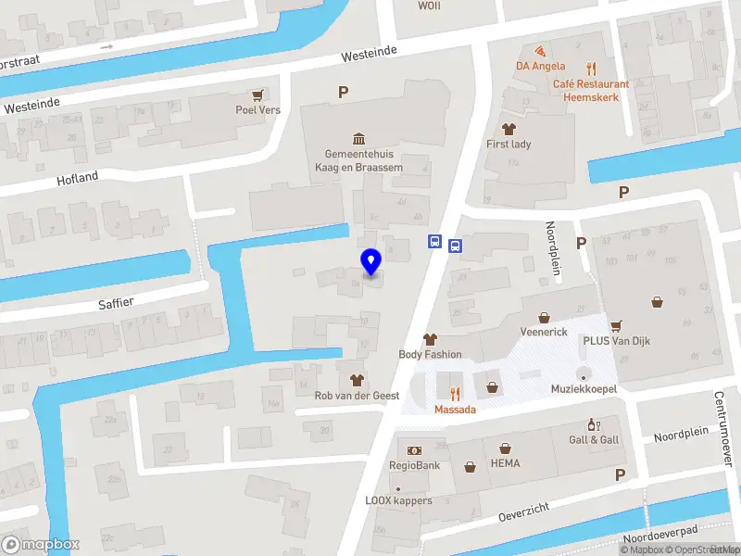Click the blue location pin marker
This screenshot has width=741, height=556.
(370, 262)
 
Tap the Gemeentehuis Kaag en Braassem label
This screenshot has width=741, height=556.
(363, 159)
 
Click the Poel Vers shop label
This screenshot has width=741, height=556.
(257, 108)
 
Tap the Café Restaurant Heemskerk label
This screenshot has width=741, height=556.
(591, 90)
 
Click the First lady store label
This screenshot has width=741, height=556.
(509, 144)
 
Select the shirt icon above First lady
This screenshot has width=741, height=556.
(508, 127)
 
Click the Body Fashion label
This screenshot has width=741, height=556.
(430, 354)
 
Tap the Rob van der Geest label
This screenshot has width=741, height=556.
(357, 396)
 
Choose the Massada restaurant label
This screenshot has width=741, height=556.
(455, 409)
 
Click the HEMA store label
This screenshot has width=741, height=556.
(505, 463)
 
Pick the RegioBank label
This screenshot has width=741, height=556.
(414, 465)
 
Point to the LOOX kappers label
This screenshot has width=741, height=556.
(398, 500)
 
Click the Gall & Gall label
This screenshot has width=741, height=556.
(594, 439)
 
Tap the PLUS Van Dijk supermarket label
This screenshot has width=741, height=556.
(617, 341)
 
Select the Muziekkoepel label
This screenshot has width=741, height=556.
(584, 388)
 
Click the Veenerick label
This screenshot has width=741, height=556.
(544, 332)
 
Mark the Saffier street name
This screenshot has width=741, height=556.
(117, 302)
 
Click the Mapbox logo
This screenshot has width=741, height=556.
(41, 545)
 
